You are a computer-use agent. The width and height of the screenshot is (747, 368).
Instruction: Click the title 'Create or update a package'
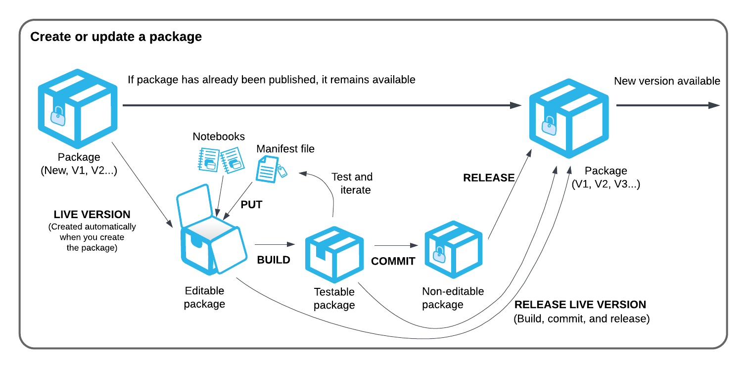[x=116, y=37]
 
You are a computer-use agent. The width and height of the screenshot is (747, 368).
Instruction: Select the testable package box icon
[x=334, y=254]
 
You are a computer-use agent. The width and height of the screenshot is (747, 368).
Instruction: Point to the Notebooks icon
[x=219, y=159]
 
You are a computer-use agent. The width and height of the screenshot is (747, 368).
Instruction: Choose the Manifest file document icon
[x=270, y=169]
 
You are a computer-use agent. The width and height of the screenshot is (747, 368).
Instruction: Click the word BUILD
[x=274, y=260]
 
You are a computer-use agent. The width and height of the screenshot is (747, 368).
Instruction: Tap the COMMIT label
[x=393, y=261]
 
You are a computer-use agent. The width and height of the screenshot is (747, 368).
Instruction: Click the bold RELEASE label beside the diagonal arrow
[x=489, y=178]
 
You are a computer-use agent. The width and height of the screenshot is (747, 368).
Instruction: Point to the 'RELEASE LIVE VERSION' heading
[x=580, y=305]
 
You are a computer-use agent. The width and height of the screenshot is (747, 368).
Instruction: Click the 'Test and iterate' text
[x=352, y=183]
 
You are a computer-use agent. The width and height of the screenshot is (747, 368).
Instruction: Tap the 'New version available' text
[x=667, y=81]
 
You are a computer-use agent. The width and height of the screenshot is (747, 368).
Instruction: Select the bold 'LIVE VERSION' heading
[x=92, y=215]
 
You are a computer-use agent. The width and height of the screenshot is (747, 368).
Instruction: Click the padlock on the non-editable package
[x=438, y=255]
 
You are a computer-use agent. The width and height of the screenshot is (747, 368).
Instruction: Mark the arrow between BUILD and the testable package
[x=275, y=244]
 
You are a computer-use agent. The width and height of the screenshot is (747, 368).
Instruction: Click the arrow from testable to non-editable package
[x=396, y=245]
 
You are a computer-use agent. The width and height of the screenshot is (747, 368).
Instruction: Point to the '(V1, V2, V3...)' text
[x=606, y=184]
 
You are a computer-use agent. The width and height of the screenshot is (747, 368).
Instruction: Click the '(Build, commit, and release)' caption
[x=582, y=319]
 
